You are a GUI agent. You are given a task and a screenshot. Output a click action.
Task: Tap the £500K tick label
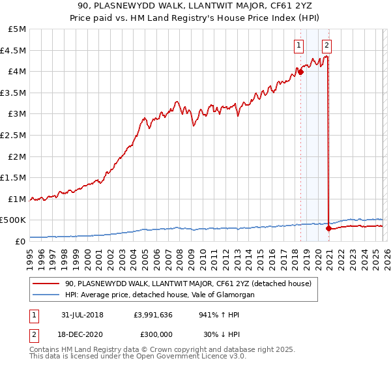(13, 220)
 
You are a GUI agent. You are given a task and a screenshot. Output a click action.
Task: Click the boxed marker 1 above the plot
(298, 45)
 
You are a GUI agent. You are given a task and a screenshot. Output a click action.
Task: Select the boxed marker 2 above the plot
(326, 45)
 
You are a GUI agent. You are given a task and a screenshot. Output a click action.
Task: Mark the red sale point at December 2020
(328, 229)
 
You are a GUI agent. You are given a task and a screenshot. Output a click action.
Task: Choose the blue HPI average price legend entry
(159, 295)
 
